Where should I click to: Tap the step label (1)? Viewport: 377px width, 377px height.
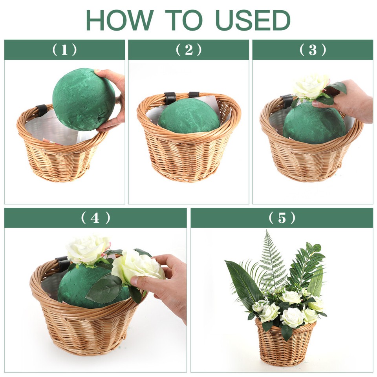(64, 50)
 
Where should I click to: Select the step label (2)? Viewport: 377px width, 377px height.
(188, 50)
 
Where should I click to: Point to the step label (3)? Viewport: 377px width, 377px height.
(313, 50)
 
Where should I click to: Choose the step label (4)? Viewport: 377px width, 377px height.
(95, 218)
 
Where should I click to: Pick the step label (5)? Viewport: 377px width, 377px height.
(282, 218)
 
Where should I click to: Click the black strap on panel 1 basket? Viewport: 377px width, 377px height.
(41, 110)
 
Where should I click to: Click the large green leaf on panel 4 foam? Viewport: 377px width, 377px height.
(104, 289)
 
